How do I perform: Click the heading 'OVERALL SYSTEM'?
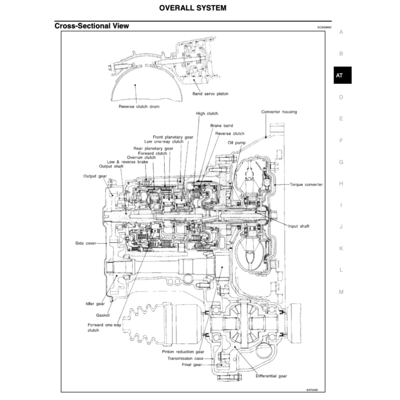193,8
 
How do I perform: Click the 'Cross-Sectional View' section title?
92,26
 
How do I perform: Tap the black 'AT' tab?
339,75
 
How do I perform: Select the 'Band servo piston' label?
210,94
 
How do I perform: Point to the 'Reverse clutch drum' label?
139,106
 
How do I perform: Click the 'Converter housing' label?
279,112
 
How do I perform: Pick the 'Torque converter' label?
306,184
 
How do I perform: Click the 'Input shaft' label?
298,226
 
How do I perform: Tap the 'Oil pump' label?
237,143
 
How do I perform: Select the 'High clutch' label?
207,113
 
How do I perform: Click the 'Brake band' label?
221,125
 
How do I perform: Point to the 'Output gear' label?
95,176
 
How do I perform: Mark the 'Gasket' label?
103,315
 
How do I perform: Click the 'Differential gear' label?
271,376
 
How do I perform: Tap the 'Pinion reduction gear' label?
183,352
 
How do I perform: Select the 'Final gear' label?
192,364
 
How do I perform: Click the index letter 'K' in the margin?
341,248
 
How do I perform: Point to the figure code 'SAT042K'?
312,389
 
